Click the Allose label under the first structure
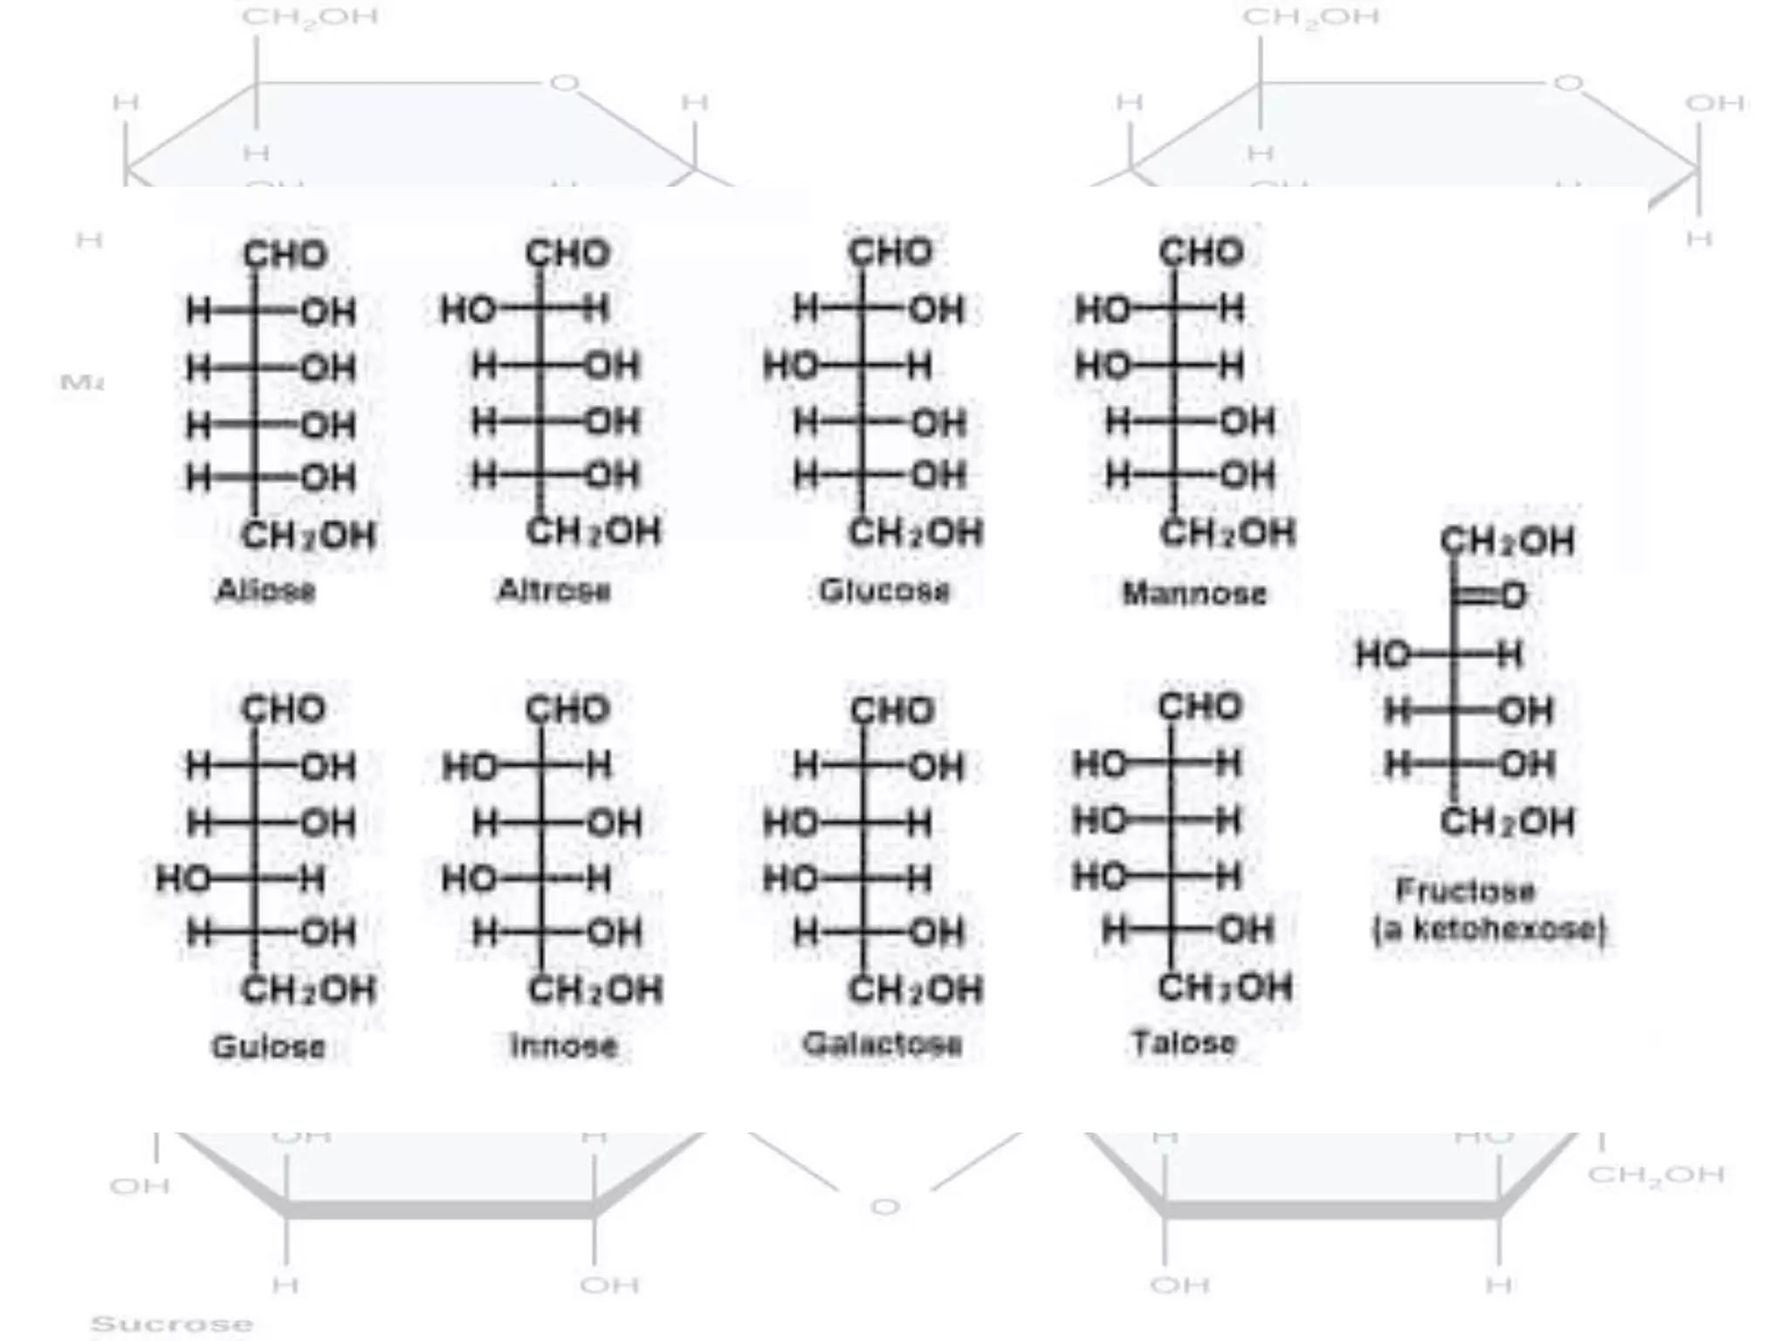point(265,591)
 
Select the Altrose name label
point(554,591)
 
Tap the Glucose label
point(884,591)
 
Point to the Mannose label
point(1193,594)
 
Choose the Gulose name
point(268,1046)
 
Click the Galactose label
point(882,1044)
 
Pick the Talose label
point(1183,1042)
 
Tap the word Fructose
point(1465,891)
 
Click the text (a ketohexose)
point(1489,930)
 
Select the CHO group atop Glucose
point(891,253)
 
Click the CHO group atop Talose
point(1200,706)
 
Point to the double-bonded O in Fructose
point(1513,596)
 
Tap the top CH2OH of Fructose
point(1507,541)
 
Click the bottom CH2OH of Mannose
point(1227,533)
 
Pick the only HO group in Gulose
point(182,879)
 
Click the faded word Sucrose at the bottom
point(171,1324)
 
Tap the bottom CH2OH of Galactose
point(915,990)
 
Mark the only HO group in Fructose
point(1382,654)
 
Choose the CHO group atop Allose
point(285,255)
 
